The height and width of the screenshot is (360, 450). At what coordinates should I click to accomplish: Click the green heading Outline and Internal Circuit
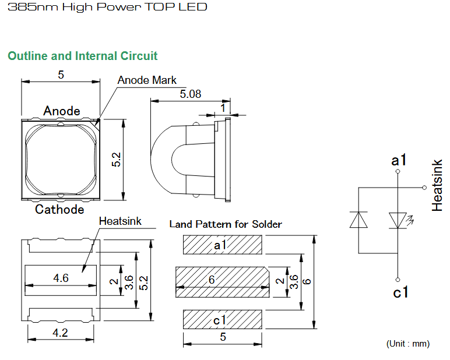pos(83,56)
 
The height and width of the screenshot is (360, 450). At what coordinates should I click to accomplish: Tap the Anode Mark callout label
pos(147,80)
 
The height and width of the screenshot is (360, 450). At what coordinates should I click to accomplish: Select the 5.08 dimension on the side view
pos(190,94)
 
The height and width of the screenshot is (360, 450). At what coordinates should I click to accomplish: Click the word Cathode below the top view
pos(59,209)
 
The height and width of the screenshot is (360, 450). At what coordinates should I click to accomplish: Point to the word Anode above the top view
pos(62,111)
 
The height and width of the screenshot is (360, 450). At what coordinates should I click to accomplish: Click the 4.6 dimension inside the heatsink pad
pos(61,278)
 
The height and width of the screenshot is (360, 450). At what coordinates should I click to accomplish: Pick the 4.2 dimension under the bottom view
pos(60,333)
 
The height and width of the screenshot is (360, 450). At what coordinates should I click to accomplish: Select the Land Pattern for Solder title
pos(226,224)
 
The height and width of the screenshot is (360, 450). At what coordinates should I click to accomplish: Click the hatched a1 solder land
pos(223,245)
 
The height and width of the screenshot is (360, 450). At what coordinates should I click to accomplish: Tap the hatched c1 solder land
pos(223,319)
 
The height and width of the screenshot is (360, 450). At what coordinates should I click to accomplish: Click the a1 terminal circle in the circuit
pos(398,171)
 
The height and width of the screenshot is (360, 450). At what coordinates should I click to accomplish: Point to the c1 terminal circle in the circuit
pos(398,280)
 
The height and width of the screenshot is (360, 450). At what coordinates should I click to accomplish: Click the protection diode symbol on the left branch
pos(358,220)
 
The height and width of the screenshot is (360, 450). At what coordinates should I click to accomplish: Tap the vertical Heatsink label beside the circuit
pos(437,186)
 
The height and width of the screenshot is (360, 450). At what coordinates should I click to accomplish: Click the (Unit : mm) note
pos(408,344)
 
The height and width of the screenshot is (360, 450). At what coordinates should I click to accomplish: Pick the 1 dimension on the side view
pos(223,108)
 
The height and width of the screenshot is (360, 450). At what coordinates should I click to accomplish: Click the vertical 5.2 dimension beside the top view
pos(116,160)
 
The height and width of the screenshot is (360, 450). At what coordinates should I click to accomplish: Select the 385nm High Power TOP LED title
pos(107,7)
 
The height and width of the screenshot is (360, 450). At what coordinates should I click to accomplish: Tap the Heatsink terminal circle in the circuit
pos(424,188)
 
